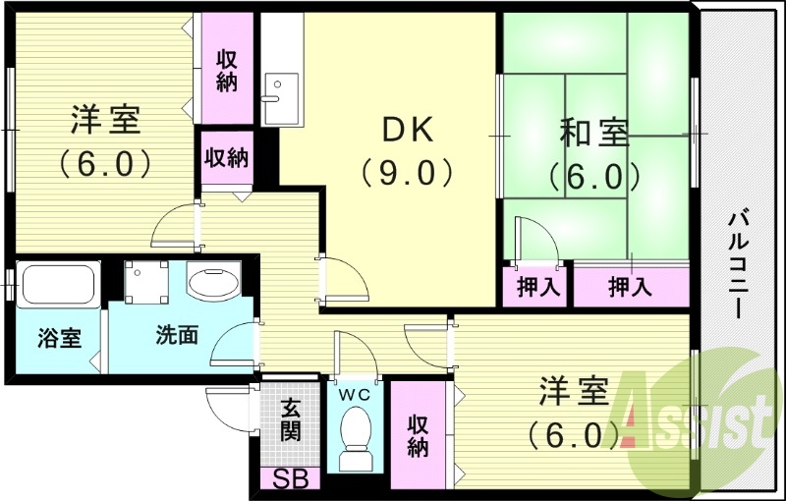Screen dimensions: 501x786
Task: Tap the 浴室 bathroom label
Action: (59, 338)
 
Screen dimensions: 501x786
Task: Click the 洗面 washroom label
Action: (177, 335)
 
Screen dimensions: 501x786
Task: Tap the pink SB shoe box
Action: (291, 481)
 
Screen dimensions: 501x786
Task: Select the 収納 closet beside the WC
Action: (418, 433)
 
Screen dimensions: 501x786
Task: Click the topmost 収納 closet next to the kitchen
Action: (227, 69)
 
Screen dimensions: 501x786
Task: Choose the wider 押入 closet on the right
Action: (630, 287)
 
